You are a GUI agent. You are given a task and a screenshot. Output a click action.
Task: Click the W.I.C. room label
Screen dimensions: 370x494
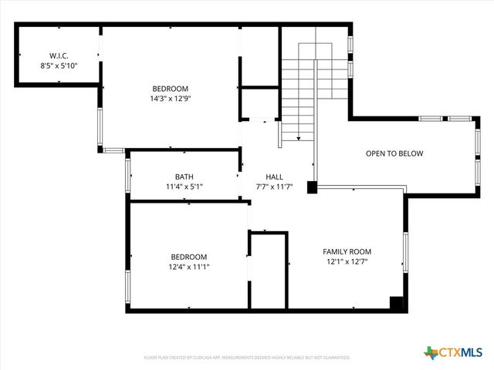coord(59,55)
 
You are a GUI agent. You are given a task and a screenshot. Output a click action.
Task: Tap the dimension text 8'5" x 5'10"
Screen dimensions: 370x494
coord(59,66)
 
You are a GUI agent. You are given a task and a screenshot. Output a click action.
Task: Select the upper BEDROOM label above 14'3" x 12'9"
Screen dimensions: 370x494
coord(170,89)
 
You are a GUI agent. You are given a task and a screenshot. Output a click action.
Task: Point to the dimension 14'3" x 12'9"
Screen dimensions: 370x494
coord(170,99)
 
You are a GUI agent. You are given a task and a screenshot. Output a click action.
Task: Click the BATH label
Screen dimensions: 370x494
coord(184,177)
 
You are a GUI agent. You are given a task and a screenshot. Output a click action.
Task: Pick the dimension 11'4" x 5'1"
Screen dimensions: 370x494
coord(184,187)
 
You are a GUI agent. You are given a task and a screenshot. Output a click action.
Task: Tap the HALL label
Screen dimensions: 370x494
coord(275,177)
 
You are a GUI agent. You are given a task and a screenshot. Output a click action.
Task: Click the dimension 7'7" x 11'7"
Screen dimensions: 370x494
coord(275,187)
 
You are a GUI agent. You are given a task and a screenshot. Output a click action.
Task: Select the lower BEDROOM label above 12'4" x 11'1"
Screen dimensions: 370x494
coord(189,257)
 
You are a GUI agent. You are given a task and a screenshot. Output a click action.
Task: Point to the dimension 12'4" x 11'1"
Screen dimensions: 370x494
coord(189,267)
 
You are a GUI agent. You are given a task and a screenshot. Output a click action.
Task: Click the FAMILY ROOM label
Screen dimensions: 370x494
coord(347,251)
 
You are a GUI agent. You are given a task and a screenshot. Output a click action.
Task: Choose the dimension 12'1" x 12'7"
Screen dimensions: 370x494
coord(347,261)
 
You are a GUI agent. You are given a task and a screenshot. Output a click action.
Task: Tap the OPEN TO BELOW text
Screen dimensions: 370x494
coord(394,153)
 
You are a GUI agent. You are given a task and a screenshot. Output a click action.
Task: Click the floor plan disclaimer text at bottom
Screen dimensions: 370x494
coord(247,358)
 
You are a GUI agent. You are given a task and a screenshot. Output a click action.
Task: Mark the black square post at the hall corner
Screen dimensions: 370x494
coord(312,187)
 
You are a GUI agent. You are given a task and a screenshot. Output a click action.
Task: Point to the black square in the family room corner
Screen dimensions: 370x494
coord(397,304)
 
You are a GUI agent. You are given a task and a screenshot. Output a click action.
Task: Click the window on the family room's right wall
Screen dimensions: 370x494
coord(405,252)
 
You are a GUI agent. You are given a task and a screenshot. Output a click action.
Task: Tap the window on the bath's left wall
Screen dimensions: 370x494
coord(127,177)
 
